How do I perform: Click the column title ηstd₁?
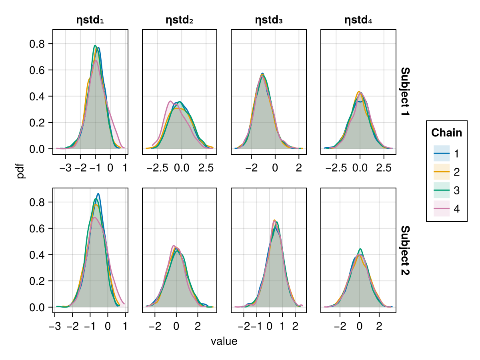click(90, 20)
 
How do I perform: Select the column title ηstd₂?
click(180, 20)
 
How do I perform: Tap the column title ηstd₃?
click(269, 20)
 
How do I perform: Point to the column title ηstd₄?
click(358, 20)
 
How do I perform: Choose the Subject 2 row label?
click(405, 250)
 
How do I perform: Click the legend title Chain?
click(446, 133)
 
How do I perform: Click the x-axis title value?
click(224, 342)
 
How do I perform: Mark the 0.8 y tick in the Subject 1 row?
click(38, 44)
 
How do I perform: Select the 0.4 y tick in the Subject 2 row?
click(38, 255)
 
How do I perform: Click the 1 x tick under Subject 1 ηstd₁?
click(125, 168)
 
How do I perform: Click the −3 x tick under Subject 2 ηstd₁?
click(55, 326)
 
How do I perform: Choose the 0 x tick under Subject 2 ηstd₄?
click(360, 326)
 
